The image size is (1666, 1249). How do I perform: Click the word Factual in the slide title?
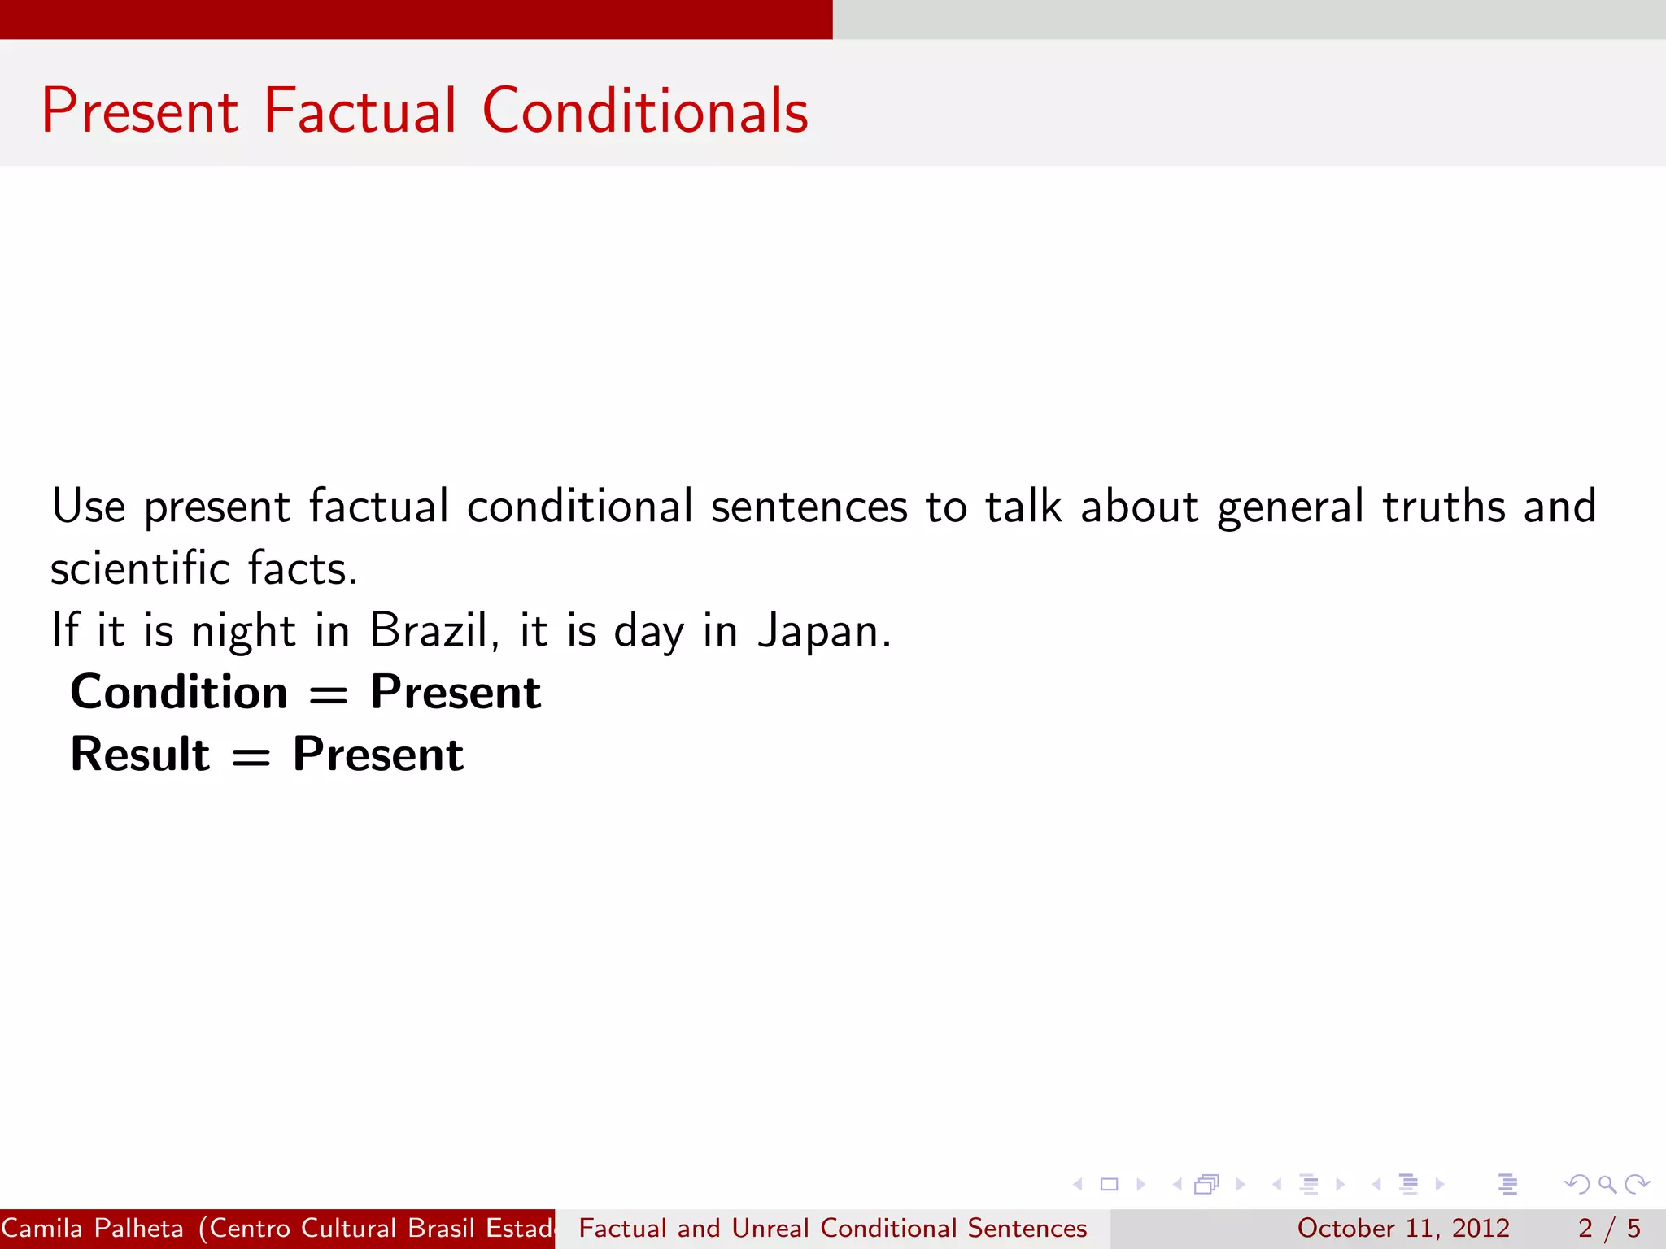[x=360, y=111]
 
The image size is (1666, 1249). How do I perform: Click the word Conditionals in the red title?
[x=645, y=111]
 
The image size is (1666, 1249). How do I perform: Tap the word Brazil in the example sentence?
[x=429, y=630]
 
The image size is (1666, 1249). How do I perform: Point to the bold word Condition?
[x=179, y=692]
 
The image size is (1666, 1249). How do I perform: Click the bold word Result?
[x=140, y=754]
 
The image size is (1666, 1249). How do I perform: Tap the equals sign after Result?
[x=251, y=757]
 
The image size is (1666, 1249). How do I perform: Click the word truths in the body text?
[x=1444, y=507]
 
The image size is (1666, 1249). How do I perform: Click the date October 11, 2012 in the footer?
[x=1403, y=1228]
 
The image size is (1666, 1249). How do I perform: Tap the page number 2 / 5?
[x=1609, y=1228]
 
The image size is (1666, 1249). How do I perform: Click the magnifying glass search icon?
[x=1607, y=1184]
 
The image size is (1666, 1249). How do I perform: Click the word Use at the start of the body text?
[x=89, y=506]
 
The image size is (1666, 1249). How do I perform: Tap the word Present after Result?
[x=378, y=754]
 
